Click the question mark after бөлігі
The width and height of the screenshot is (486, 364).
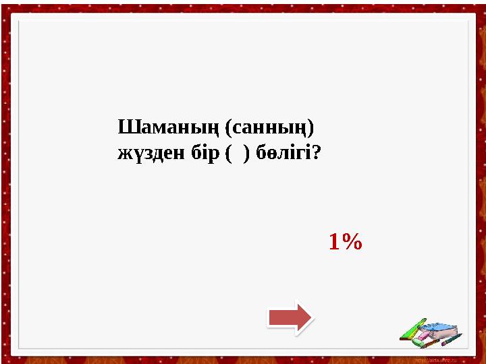pos(316,154)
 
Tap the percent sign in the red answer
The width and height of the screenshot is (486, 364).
pos(351,241)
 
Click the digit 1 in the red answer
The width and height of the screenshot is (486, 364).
pos(334,241)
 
